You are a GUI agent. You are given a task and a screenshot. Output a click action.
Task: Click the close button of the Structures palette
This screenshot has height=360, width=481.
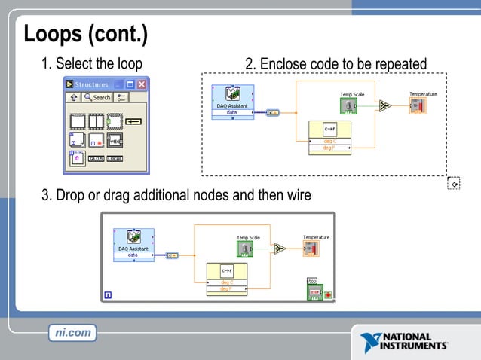(x=142, y=84)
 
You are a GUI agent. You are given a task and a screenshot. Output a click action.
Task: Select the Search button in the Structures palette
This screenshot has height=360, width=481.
(x=97, y=97)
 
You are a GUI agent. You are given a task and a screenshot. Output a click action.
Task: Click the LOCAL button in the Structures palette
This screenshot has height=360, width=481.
(x=115, y=158)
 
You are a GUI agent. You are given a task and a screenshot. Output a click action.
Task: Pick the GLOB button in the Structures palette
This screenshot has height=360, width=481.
(x=96, y=158)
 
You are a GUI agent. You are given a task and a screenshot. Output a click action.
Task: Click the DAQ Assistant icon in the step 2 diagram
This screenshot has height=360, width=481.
(x=233, y=94)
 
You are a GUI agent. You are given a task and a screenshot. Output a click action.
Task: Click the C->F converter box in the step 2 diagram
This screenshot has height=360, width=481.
(x=329, y=128)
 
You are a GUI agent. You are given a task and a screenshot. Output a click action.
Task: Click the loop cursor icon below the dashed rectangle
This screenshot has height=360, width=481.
(x=452, y=183)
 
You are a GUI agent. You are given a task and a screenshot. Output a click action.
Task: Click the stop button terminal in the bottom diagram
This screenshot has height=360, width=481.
(x=314, y=291)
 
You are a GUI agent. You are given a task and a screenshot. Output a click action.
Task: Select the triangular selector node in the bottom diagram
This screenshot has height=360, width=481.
(x=280, y=249)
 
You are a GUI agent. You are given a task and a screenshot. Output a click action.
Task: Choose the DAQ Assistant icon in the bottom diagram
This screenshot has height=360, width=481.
(x=134, y=237)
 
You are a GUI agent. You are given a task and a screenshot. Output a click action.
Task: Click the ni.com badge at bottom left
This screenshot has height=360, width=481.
(x=72, y=332)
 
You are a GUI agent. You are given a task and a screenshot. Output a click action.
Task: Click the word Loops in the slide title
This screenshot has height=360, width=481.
(x=54, y=34)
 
